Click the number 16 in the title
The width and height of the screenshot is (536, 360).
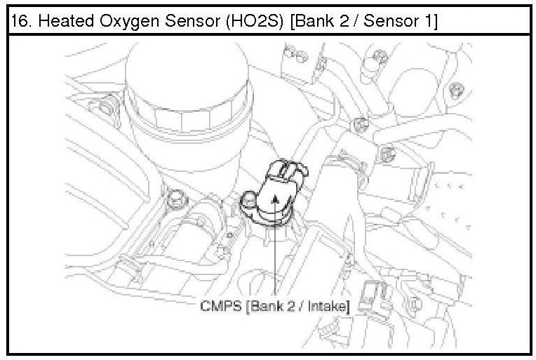(x=20, y=21)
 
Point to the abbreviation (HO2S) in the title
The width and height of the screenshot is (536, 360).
(x=255, y=22)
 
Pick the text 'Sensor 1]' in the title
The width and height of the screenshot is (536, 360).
(x=401, y=21)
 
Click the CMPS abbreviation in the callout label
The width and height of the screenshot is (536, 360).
(x=221, y=306)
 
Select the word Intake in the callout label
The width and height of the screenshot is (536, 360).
(x=329, y=306)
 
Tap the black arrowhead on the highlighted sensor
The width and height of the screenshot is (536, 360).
(x=274, y=199)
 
